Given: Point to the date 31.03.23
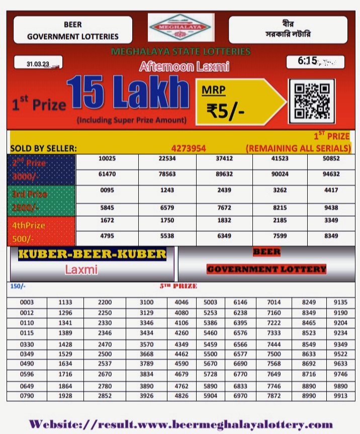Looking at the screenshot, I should point(39,64).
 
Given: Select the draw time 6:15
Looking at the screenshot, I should point(308,61).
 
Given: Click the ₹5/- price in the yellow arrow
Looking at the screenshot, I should point(226,110).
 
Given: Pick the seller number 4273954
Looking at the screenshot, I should point(189,148).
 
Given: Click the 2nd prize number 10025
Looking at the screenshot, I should point(107,159).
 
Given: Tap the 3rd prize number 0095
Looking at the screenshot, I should point(107,191).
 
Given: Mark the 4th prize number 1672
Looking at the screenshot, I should point(107,221).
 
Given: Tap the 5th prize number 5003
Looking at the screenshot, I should point(211,302).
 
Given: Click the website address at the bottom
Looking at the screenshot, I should point(181,424).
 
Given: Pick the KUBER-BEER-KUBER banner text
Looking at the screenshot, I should point(92,254).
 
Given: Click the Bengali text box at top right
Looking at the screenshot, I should point(288,29).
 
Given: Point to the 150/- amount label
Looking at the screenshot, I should point(18,287).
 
